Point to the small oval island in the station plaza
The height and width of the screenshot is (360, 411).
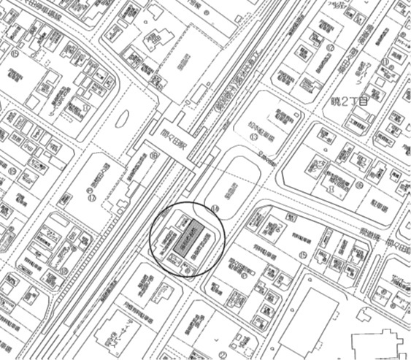(x=122, y=118)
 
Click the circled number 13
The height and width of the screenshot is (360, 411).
(x=254, y=137)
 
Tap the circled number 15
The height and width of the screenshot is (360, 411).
(x=302, y=255)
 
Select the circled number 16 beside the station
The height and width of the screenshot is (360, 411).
(x=153, y=155)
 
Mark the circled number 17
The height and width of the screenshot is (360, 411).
(x=92, y=196)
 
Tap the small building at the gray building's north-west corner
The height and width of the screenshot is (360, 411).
(x=184, y=220)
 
